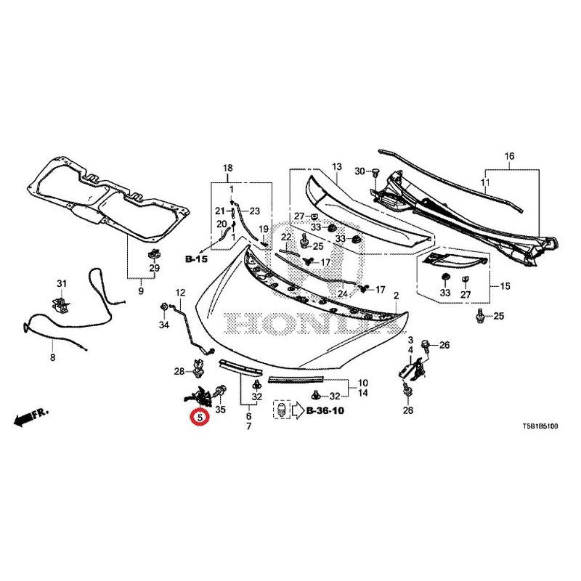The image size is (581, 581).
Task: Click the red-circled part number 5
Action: point(198,418)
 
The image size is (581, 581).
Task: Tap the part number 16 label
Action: point(509,156)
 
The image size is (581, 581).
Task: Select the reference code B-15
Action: point(196,259)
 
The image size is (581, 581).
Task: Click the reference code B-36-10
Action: point(325,412)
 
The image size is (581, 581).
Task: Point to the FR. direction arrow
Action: point(30,417)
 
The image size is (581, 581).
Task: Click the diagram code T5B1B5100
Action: point(535,428)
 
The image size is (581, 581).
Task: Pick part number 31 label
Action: point(62,283)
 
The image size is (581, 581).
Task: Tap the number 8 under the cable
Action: point(52,357)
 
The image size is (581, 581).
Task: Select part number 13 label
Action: point(337,167)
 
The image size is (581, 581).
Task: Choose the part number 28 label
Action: point(179,373)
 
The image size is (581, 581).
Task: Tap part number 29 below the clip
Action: point(154,269)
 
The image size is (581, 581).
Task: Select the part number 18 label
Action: point(227,168)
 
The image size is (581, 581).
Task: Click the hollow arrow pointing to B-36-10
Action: point(298,411)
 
